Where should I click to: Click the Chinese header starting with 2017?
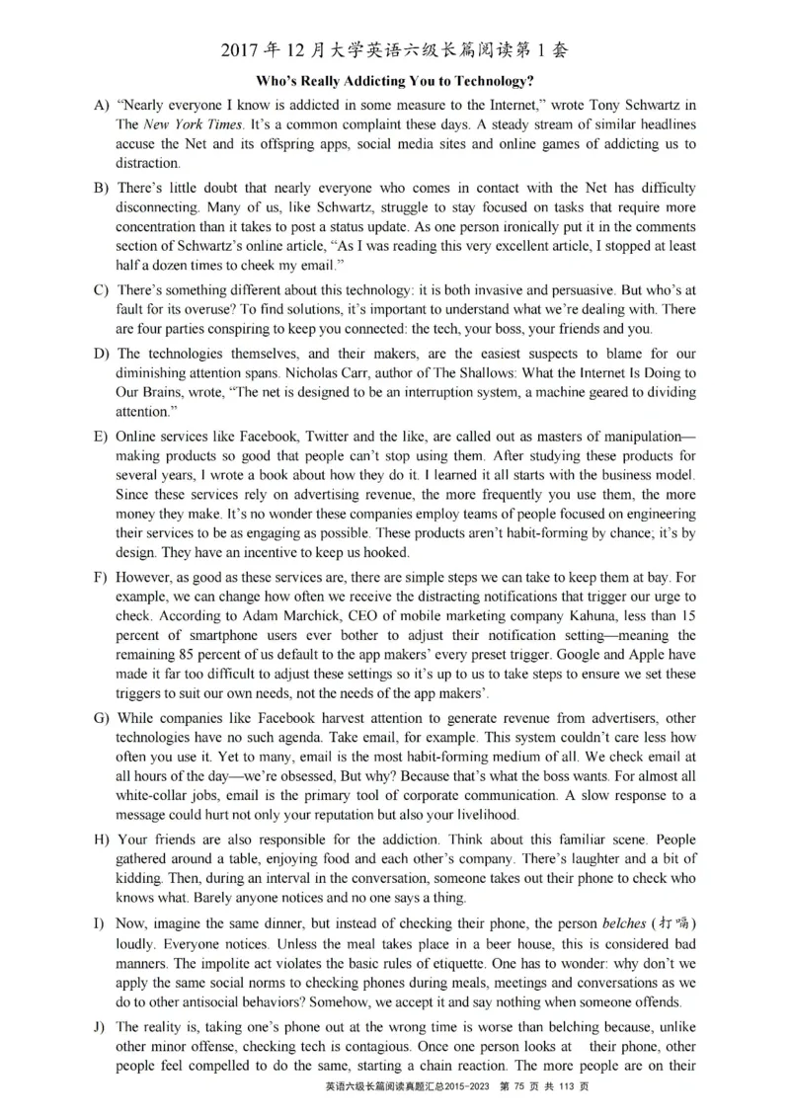[394, 49]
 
